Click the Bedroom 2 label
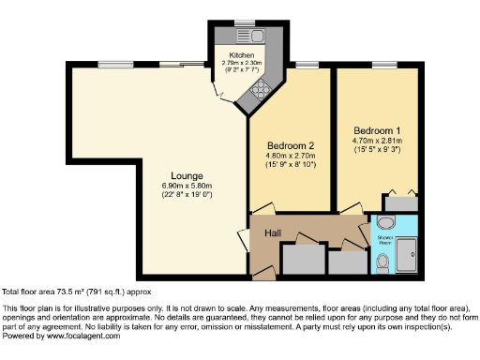[289, 147]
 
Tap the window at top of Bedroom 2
[307, 65]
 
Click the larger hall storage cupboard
[301, 261]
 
